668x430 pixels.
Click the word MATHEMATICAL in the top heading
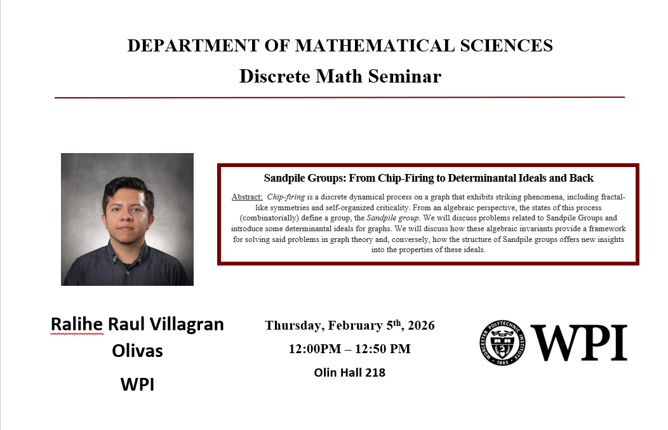(x=375, y=46)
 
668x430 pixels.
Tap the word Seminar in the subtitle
(x=404, y=76)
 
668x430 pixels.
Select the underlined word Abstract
(x=246, y=197)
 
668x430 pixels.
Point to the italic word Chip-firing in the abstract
(x=286, y=197)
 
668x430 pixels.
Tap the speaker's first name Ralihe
(x=77, y=325)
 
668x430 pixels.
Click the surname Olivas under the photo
(x=137, y=351)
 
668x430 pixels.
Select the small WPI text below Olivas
(x=137, y=384)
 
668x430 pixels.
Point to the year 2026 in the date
(x=421, y=326)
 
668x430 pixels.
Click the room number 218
(x=375, y=372)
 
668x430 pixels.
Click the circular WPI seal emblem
(x=502, y=342)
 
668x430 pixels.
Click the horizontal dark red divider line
(x=340, y=98)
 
